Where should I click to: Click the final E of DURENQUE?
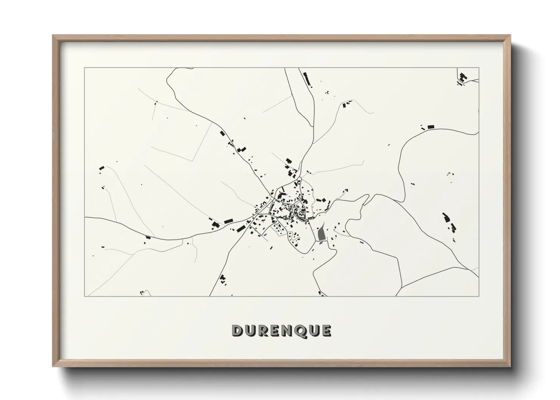pyautogui.click(x=326, y=331)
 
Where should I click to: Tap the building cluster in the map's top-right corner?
pyautogui.click(x=462, y=78)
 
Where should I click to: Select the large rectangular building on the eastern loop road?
pyautogui.click(x=430, y=126)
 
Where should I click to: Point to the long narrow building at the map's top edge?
pyautogui.click(x=307, y=78)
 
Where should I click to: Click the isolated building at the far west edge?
pyautogui.click(x=101, y=167)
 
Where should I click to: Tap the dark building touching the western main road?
pyautogui.click(x=148, y=237)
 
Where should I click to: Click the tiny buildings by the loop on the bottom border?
pyautogui.click(x=143, y=292)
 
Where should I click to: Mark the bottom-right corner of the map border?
pyautogui.click(x=479, y=296)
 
